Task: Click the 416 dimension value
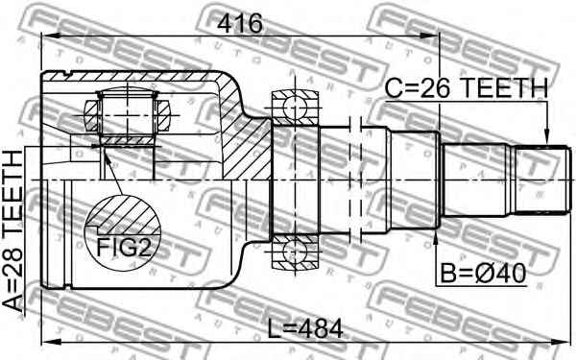(240, 23)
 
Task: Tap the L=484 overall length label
(304, 328)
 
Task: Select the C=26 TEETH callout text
(467, 88)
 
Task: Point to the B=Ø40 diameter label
(484, 274)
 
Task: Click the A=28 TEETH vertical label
(12, 231)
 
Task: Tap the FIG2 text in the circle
(124, 248)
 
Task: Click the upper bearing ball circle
(295, 108)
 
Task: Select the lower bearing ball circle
(295, 252)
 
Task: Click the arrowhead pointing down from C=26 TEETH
(546, 137)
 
